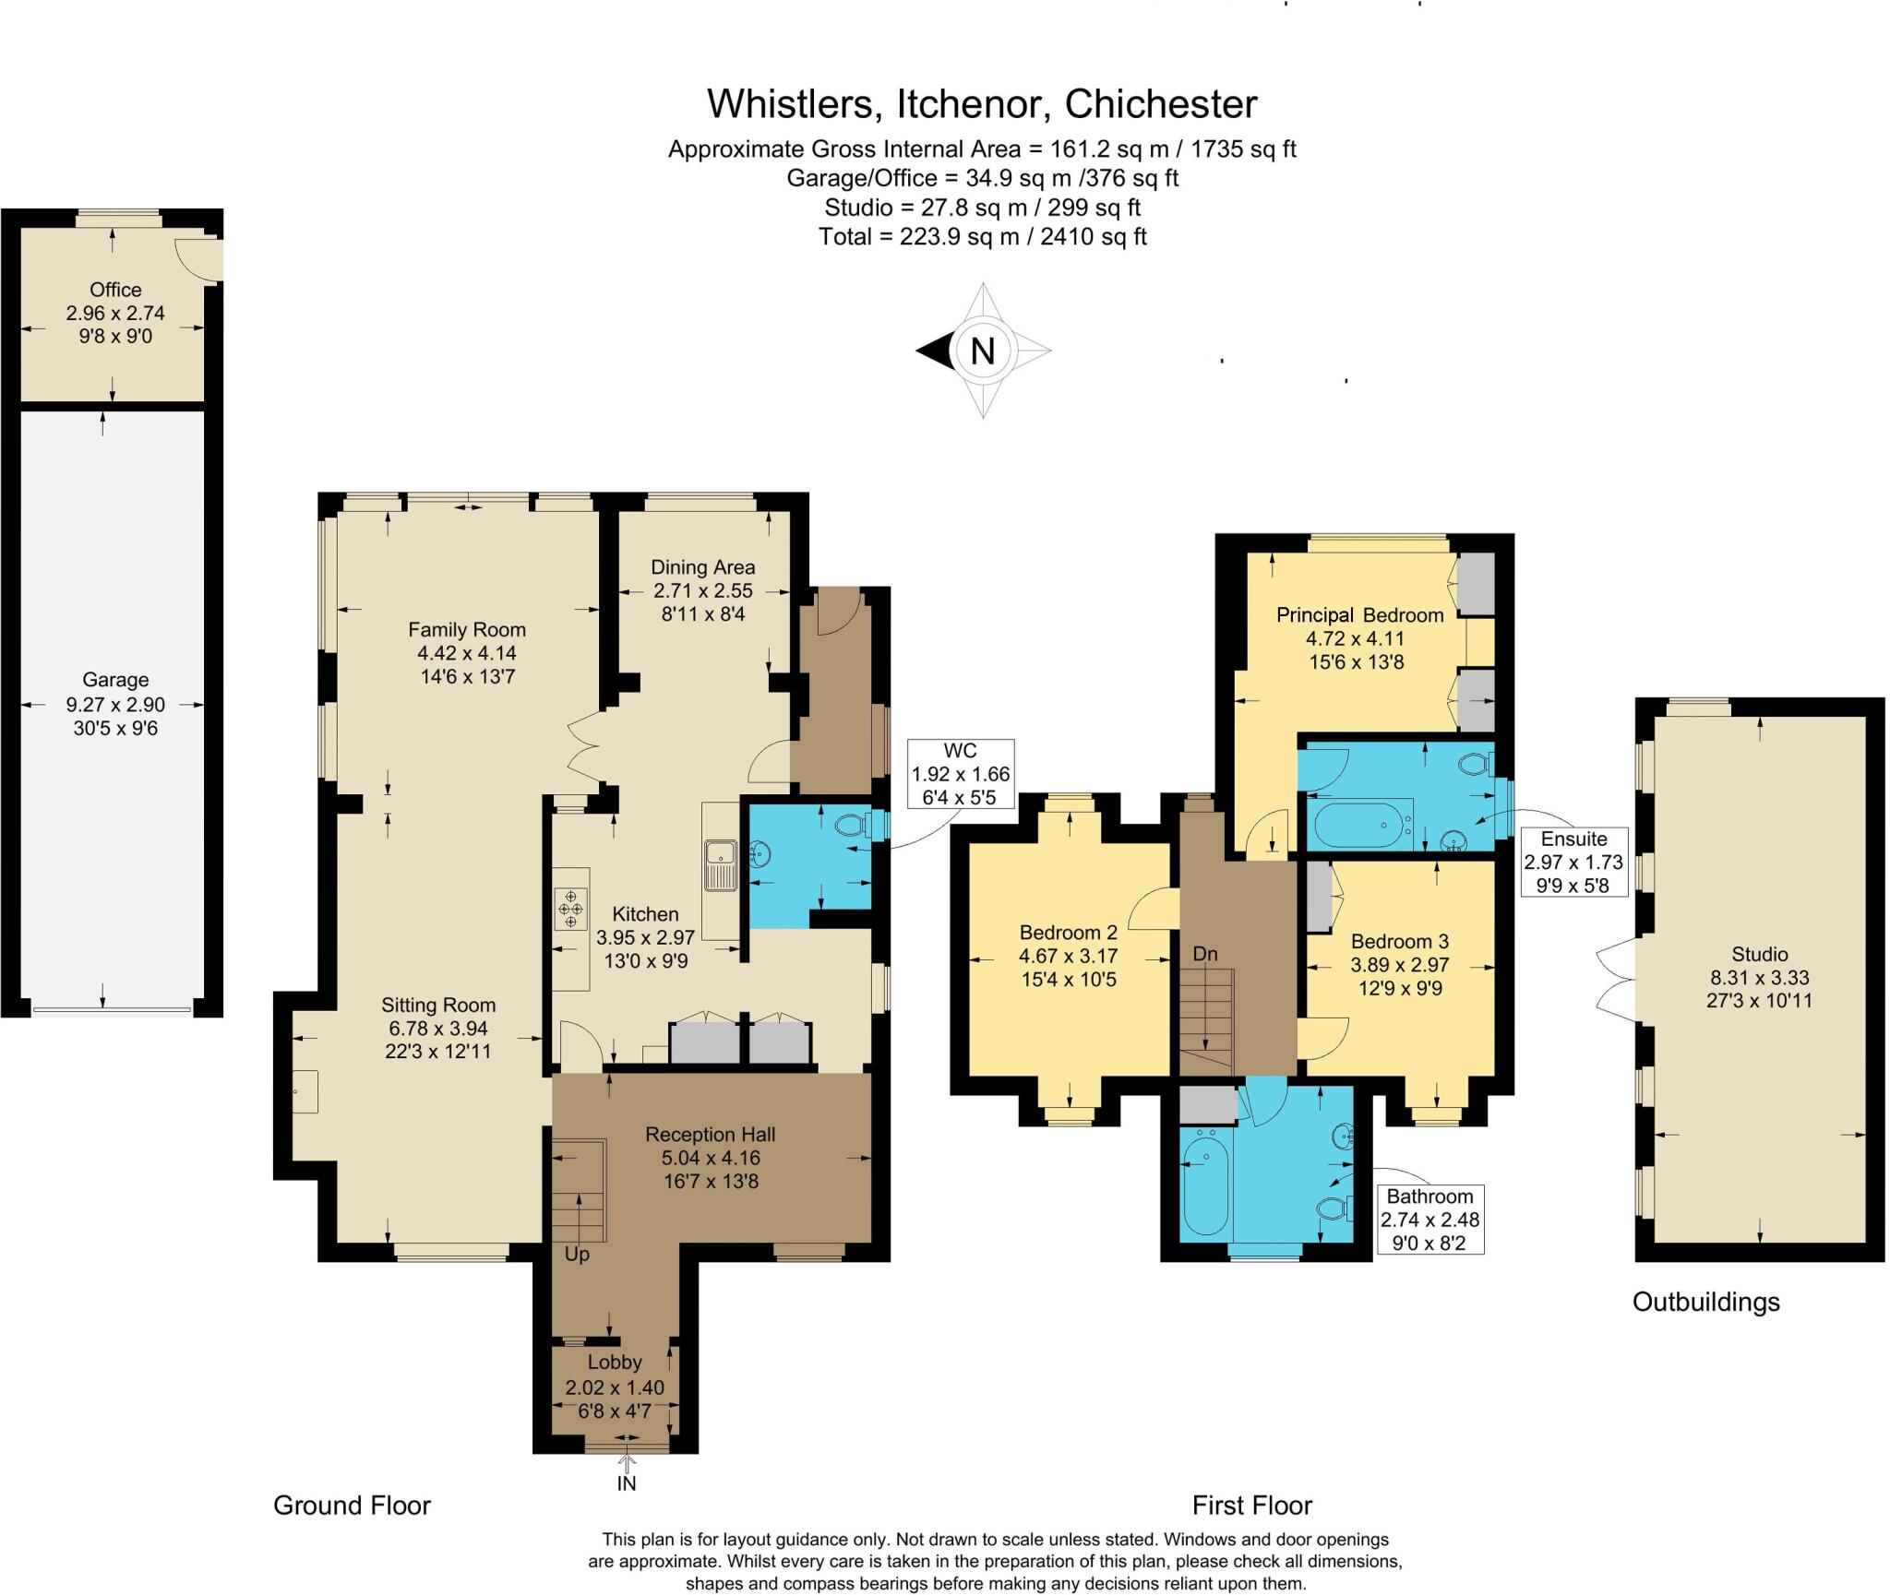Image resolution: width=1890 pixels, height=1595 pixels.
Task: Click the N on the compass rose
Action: pos(983,351)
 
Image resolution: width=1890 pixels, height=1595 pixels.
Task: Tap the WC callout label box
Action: pos(961,774)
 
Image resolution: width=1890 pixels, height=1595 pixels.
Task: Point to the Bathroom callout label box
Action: pos(1429,1219)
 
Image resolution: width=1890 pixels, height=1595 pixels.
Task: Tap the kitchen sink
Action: pos(719,864)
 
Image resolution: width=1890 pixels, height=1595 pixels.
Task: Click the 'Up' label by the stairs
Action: pos(577,1255)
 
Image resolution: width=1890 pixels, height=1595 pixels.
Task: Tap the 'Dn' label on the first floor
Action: pos(1205,954)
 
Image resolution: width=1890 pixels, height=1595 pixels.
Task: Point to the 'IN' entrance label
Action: pos(627,1483)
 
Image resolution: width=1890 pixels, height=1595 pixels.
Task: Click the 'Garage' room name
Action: pos(115,680)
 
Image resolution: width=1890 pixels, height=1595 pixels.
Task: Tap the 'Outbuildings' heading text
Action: pos(1706,1302)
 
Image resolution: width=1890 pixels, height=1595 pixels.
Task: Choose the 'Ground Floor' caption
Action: pos(352,1506)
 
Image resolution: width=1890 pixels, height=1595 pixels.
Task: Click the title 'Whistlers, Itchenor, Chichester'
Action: pos(982,104)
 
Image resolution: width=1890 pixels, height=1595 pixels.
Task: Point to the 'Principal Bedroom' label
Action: pos(1360,614)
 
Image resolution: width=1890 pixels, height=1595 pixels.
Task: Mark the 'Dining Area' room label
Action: pos(703,567)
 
